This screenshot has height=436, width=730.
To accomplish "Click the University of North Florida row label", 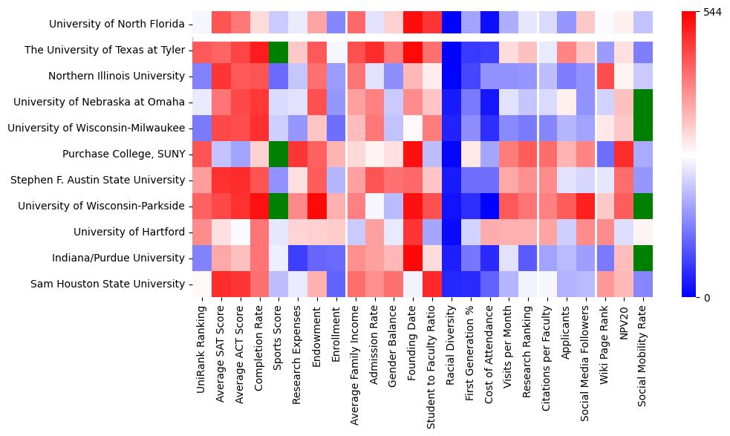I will pos(117,24).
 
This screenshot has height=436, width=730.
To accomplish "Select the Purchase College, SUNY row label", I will pos(123,154).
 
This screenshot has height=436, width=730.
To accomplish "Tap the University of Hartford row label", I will pos(128,232).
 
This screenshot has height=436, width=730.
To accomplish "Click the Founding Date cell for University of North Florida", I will pos(414,24).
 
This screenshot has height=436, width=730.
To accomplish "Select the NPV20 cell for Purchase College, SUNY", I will pos(626,154).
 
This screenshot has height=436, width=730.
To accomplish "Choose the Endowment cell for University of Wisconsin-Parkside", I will pos(317,206).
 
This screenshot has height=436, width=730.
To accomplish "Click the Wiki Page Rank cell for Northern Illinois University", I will pos(607,76).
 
